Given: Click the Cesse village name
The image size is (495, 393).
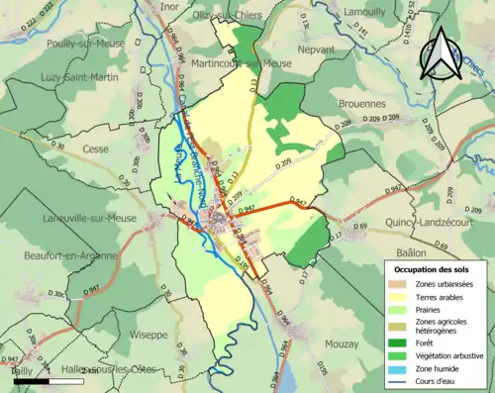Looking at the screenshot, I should pos(96,149).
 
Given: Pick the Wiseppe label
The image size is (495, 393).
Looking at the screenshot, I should pos(148,335).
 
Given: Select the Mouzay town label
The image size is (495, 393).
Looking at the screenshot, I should pos(342,343).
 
